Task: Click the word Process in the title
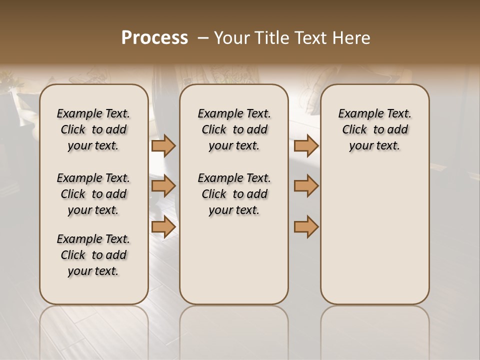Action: click(154, 38)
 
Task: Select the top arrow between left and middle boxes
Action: click(163, 145)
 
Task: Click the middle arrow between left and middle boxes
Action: click(163, 186)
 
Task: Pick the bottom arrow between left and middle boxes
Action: click(163, 226)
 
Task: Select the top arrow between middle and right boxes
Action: click(306, 145)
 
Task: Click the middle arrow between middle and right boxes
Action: click(306, 186)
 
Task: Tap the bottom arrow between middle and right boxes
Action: click(306, 226)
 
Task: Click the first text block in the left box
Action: click(93, 129)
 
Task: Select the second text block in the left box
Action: click(93, 194)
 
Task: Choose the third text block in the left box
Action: click(93, 255)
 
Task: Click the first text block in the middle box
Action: click(234, 129)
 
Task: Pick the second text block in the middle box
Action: click(234, 194)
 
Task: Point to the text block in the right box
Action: click(374, 129)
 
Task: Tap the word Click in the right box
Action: click(354, 130)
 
